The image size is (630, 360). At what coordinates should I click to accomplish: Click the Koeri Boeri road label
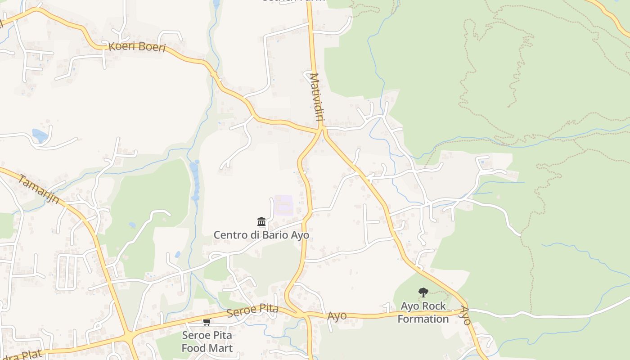click(x=137, y=47)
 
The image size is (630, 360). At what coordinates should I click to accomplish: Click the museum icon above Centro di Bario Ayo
click(x=261, y=221)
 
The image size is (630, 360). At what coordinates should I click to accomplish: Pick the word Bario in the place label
click(x=275, y=235)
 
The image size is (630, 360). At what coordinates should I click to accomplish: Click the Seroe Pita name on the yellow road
click(x=252, y=310)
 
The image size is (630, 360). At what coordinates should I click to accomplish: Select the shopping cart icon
click(x=207, y=322)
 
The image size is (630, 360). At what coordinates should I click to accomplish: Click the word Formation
click(x=423, y=319)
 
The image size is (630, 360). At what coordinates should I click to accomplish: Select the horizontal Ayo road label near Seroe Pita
click(x=337, y=316)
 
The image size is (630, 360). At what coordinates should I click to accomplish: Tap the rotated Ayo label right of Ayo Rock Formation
click(x=465, y=316)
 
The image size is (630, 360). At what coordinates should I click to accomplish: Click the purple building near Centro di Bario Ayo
click(x=284, y=205)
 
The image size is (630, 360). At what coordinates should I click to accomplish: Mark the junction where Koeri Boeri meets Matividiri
click(x=321, y=129)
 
